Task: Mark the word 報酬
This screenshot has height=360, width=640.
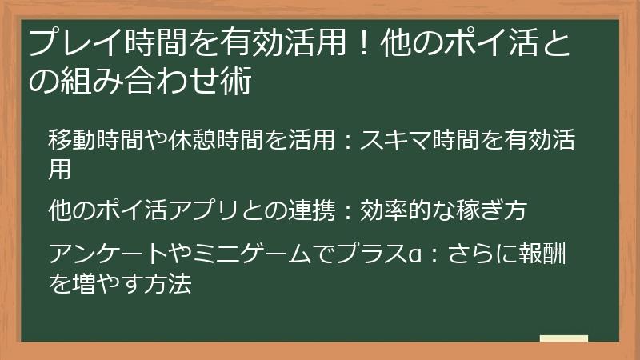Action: tap(544, 254)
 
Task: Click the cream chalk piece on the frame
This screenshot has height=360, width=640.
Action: tap(563, 340)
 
